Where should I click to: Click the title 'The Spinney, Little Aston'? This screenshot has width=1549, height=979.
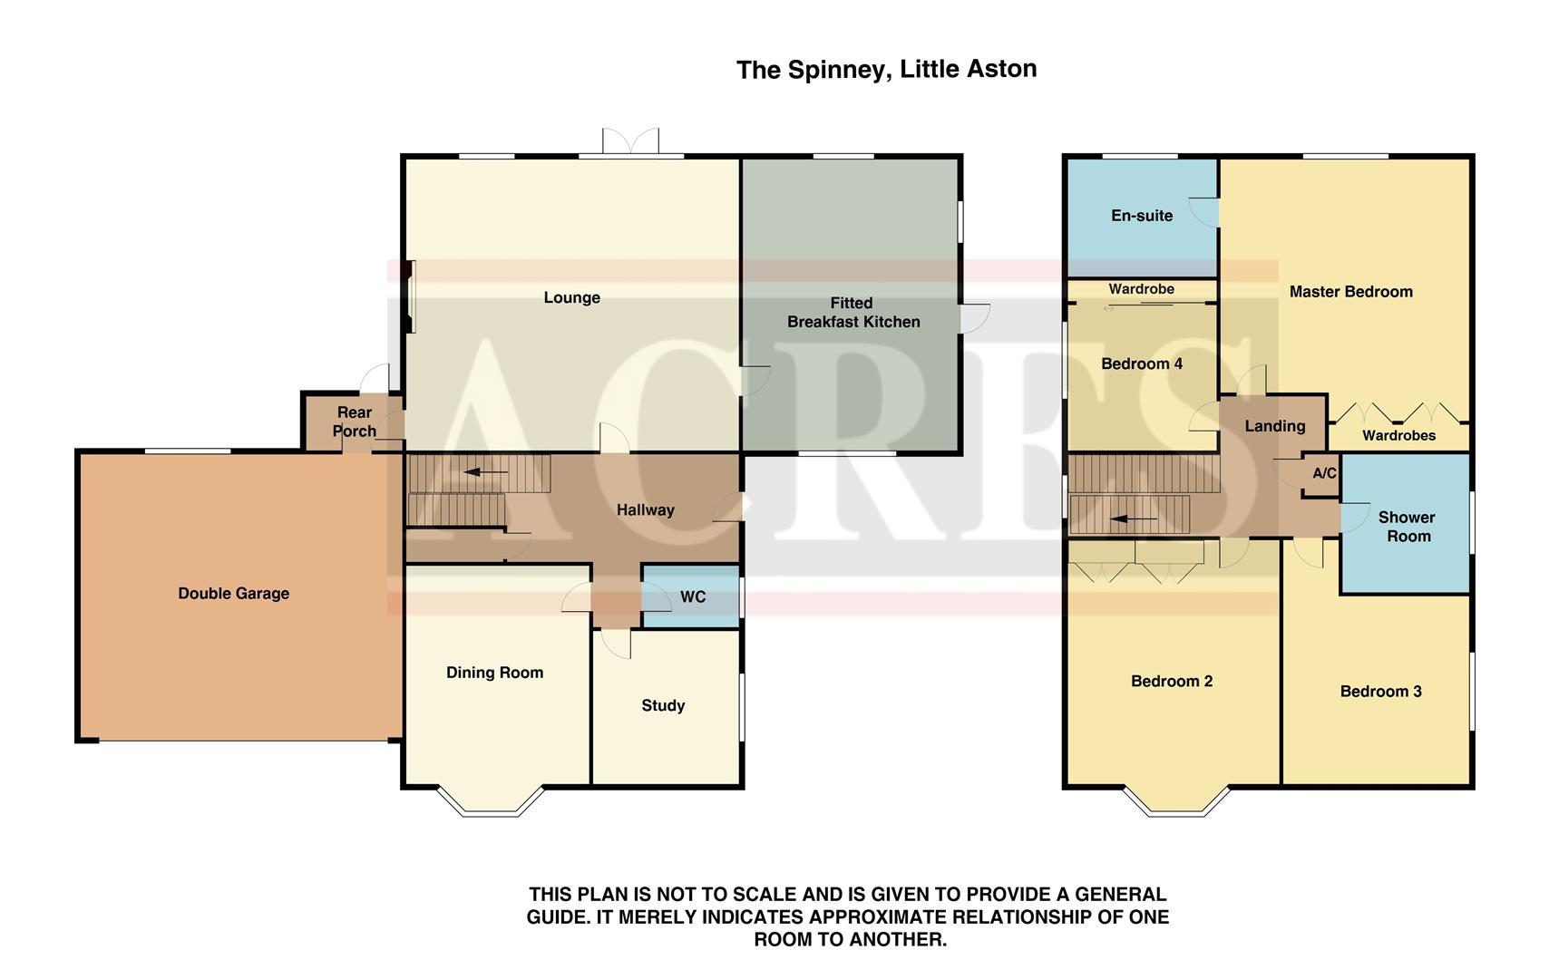(886, 69)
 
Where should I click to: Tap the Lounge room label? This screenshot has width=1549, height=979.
(571, 297)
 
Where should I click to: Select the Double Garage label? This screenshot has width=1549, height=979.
(233, 594)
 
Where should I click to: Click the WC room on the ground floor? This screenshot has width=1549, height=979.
(692, 596)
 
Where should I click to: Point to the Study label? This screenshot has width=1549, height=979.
(663, 705)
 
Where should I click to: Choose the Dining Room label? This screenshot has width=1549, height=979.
(494, 673)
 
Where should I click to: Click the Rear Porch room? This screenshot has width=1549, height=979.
(354, 422)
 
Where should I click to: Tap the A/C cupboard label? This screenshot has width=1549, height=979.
(1324, 473)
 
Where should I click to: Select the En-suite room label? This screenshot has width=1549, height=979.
(1141, 216)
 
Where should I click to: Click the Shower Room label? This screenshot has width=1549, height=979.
(1407, 527)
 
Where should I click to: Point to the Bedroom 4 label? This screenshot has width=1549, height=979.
(1141, 364)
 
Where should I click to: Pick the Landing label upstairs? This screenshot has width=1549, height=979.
(1274, 426)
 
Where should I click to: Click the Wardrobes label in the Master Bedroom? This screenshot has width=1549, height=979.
(1398, 435)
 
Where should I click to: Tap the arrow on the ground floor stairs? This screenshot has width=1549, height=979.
(485, 472)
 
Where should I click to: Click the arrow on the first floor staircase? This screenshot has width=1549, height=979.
(1134, 519)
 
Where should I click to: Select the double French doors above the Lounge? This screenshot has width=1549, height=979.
(630, 142)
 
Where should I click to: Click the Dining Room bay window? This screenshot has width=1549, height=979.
(491, 802)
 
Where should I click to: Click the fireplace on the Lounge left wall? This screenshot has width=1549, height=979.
(410, 296)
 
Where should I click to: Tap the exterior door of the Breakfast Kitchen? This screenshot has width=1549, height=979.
(976, 317)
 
